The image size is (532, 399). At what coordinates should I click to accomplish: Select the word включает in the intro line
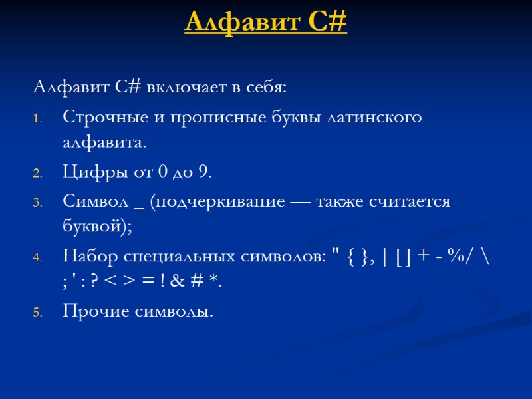pyautogui.click(x=180, y=87)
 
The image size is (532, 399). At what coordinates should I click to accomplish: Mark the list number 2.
pyautogui.click(x=37, y=174)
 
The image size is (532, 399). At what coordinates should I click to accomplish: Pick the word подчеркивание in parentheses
pyautogui.click(x=217, y=202)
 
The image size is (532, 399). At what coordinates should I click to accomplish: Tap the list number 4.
pyautogui.click(x=37, y=257)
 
